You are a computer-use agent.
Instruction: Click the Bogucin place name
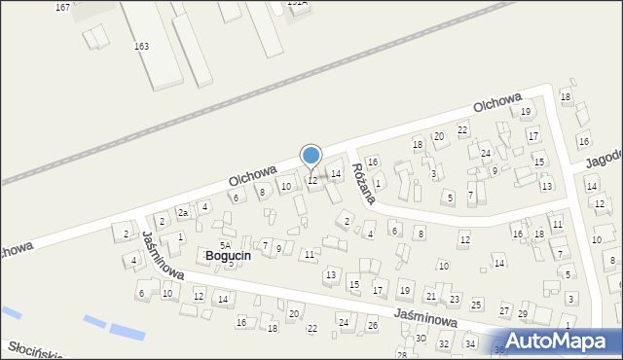(x=228, y=255)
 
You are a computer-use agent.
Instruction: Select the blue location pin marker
(x=311, y=156)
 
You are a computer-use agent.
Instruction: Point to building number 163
(x=142, y=46)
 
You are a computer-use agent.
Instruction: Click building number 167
(x=62, y=7)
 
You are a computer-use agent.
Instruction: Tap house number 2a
(x=182, y=212)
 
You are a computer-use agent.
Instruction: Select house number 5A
(x=224, y=245)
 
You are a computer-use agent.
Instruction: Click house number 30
(x=421, y=338)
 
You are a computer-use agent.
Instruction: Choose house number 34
(x=469, y=344)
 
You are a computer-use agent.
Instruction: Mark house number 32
(x=444, y=344)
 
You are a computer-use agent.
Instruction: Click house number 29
(x=522, y=313)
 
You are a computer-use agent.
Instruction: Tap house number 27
(x=504, y=310)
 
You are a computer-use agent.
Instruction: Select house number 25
(x=476, y=306)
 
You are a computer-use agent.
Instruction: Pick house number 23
(x=454, y=299)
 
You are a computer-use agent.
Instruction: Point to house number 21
(x=430, y=296)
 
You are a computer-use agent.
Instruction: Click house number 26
(x=372, y=325)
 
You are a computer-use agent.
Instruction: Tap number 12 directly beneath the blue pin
(x=311, y=181)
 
